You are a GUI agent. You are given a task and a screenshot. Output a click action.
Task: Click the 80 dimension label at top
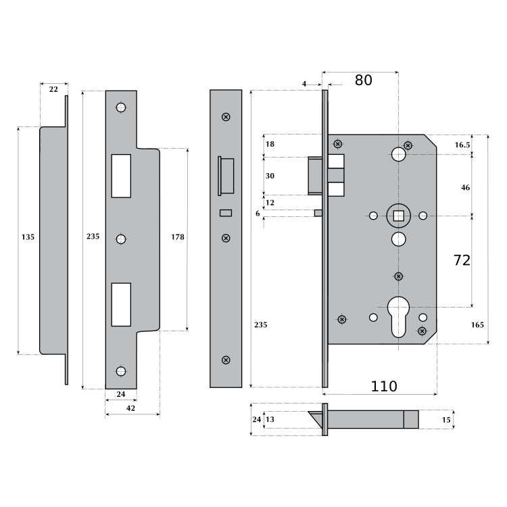(x=364, y=80)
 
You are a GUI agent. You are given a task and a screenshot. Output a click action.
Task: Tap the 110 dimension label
(x=383, y=387)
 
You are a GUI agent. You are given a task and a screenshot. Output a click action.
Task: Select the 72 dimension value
(x=462, y=260)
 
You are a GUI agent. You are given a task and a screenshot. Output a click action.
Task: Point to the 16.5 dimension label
(x=462, y=145)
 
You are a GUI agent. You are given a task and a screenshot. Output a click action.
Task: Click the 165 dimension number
(x=477, y=325)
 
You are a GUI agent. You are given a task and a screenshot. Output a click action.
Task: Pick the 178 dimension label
(x=178, y=237)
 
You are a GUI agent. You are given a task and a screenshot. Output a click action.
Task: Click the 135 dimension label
(x=28, y=237)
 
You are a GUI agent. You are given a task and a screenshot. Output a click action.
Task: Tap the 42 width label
(x=130, y=408)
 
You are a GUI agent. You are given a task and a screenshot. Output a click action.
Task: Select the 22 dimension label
(x=53, y=89)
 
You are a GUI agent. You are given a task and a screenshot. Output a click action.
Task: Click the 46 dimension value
(x=465, y=187)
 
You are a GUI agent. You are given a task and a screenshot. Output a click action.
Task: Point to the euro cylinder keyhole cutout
(x=398, y=317)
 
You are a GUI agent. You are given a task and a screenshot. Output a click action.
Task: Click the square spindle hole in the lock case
(x=398, y=216)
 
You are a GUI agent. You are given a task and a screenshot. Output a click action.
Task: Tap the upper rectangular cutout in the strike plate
(x=121, y=176)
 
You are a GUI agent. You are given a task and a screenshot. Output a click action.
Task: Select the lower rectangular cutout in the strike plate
(x=121, y=305)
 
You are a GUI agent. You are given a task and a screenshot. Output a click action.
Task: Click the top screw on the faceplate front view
(x=226, y=117)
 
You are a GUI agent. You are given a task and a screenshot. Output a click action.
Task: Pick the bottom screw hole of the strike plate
(x=121, y=371)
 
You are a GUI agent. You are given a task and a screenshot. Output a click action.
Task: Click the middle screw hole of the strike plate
(x=121, y=239)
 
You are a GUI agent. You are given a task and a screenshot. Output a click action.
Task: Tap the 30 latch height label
(x=270, y=176)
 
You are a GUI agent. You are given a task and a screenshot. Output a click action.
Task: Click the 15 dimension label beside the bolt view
(x=446, y=420)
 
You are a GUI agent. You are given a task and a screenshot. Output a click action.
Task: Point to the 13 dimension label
(x=270, y=419)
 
